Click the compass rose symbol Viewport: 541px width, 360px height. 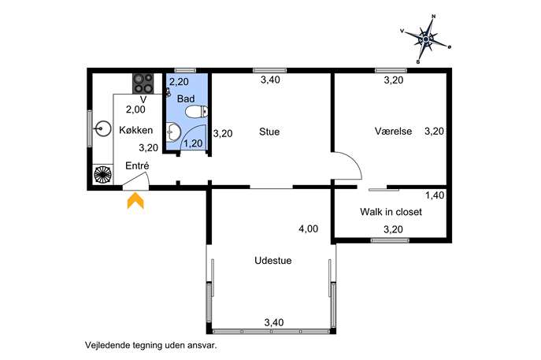coord(427,39)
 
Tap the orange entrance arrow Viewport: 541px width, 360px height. coord(135,201)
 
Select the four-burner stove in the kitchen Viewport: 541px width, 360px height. coord(143,84)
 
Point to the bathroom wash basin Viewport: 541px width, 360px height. coord(173,132)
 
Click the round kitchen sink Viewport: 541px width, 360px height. coord(102,128)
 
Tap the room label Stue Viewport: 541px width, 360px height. coord(269,132)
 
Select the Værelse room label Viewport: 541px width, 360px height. coord(393,132)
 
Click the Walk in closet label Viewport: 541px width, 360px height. coord(391,212)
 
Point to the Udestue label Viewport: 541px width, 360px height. coord(273,261)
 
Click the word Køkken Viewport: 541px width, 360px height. coord(136,130)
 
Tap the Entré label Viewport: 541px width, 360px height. coord(137,166)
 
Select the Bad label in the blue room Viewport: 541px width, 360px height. coord(186,99)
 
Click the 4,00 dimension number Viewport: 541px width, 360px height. coord(308,228)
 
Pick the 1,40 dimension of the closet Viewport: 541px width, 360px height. coord(435,195)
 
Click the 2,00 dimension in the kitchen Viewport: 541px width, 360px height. coord(135,109)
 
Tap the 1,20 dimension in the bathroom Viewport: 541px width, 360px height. coord(193,143)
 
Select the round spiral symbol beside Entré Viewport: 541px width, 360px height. coord(103,175)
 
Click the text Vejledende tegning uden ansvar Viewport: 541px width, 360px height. coord(151,345)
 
